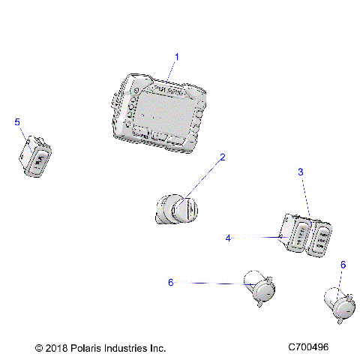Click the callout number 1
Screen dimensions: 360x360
(x=177, y=56)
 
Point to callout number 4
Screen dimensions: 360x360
(x=227, y=238)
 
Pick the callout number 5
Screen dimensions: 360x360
(x=18, y=121)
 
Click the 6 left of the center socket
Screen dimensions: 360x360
(x=171, y=282)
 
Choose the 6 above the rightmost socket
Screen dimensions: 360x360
(x=343, y=265)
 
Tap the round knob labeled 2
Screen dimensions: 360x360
(x=178, y=208)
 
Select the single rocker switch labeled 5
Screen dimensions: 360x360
(x=36, y=157)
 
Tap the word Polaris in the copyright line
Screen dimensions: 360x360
(x=93, y=349)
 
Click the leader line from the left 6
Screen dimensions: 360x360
(x=210, y=283)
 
